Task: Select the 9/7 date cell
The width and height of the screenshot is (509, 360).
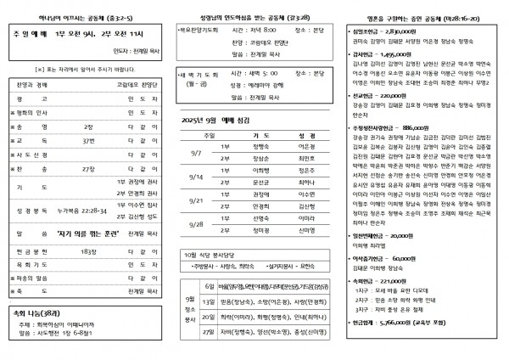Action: pos(196,150)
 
